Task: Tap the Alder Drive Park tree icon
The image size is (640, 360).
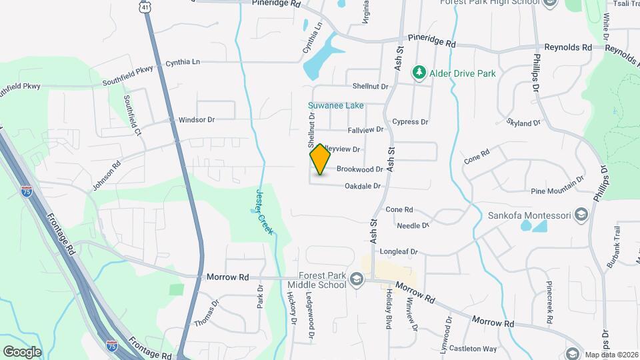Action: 419,72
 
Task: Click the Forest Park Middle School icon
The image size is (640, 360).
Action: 357,279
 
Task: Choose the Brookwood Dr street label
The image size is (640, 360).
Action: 359,170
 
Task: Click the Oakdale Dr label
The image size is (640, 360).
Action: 362,186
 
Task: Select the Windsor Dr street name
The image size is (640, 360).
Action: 197,120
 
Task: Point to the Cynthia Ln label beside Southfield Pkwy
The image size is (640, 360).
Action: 183,61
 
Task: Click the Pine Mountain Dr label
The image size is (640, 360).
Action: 557,191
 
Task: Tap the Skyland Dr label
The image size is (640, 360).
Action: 523,123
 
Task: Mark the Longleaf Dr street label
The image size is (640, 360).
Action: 398,252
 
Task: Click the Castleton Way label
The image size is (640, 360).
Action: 473,349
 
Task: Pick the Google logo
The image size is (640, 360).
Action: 22,351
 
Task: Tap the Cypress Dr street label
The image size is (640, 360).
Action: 410,122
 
